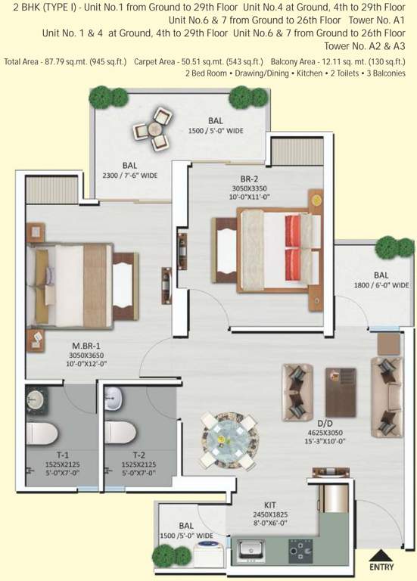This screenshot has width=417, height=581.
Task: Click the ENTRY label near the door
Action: coord(381,566)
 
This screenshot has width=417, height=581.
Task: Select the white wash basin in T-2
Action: coord(113,394)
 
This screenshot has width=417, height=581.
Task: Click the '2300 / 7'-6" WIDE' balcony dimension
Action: coord(129,174)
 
